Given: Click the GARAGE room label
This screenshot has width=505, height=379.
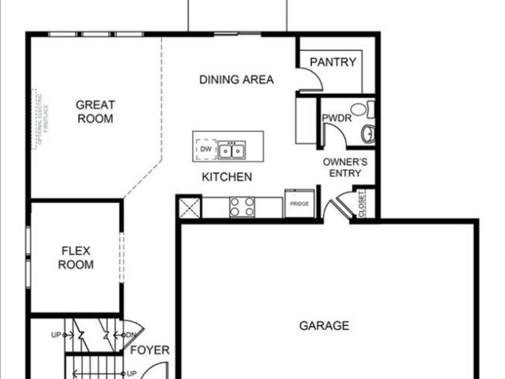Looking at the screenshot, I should pos(324,326).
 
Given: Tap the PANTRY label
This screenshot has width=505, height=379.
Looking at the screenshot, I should pos(333,62).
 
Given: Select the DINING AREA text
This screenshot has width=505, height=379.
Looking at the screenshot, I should pos(236,80).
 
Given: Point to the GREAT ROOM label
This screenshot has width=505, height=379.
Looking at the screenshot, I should pos(95,111).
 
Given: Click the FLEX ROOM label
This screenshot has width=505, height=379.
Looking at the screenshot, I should pos(76,258).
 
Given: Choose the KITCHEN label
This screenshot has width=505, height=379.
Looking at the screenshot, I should pos(227,177).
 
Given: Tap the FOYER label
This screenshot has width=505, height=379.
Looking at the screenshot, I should pos(150,350).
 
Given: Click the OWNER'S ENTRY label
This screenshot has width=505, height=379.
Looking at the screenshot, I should pos(345,167).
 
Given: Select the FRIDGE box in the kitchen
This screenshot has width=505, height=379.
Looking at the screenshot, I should pos(299,204).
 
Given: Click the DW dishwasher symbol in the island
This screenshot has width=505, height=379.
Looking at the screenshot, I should pos(205,150).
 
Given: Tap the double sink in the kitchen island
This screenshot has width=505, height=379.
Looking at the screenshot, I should pos(231,150).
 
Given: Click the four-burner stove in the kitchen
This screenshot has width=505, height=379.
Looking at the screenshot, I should pos(242,207).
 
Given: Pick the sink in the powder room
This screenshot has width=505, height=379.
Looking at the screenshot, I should pos(368,134).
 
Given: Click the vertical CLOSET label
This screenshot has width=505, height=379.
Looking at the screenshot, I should pos(362,203).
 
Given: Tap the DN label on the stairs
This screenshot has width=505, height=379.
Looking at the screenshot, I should pos(130,335).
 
